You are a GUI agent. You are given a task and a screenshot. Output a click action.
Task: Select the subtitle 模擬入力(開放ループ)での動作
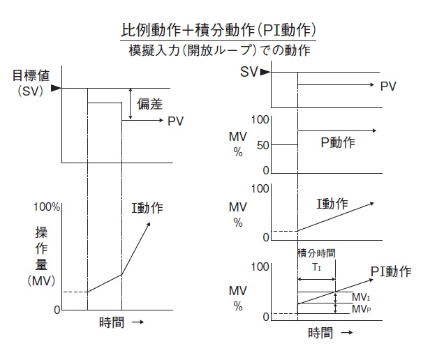[x=218, y=50]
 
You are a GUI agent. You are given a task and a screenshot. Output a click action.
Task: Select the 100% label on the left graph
[x=47, y=207]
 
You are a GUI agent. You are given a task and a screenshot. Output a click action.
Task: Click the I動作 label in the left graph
[x=147, y=208]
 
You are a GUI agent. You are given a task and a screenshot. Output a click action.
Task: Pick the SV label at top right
[x=249, y=71]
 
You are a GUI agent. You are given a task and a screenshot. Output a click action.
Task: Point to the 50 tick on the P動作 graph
[x=261, y=144]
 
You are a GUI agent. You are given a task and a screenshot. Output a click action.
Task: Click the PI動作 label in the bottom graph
[x=390, y=270]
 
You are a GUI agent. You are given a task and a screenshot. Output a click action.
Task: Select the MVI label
[x=360, y=297]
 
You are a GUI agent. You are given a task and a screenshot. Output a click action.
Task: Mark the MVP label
[x=360, y=308]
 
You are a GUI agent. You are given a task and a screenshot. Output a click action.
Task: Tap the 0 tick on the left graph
[x=57, y=309]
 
